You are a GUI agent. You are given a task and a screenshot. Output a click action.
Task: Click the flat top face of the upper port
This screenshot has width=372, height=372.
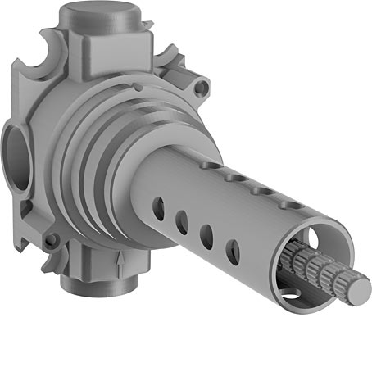point(109,16)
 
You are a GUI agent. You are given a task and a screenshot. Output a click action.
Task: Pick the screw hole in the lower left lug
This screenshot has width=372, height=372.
point(52,241)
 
